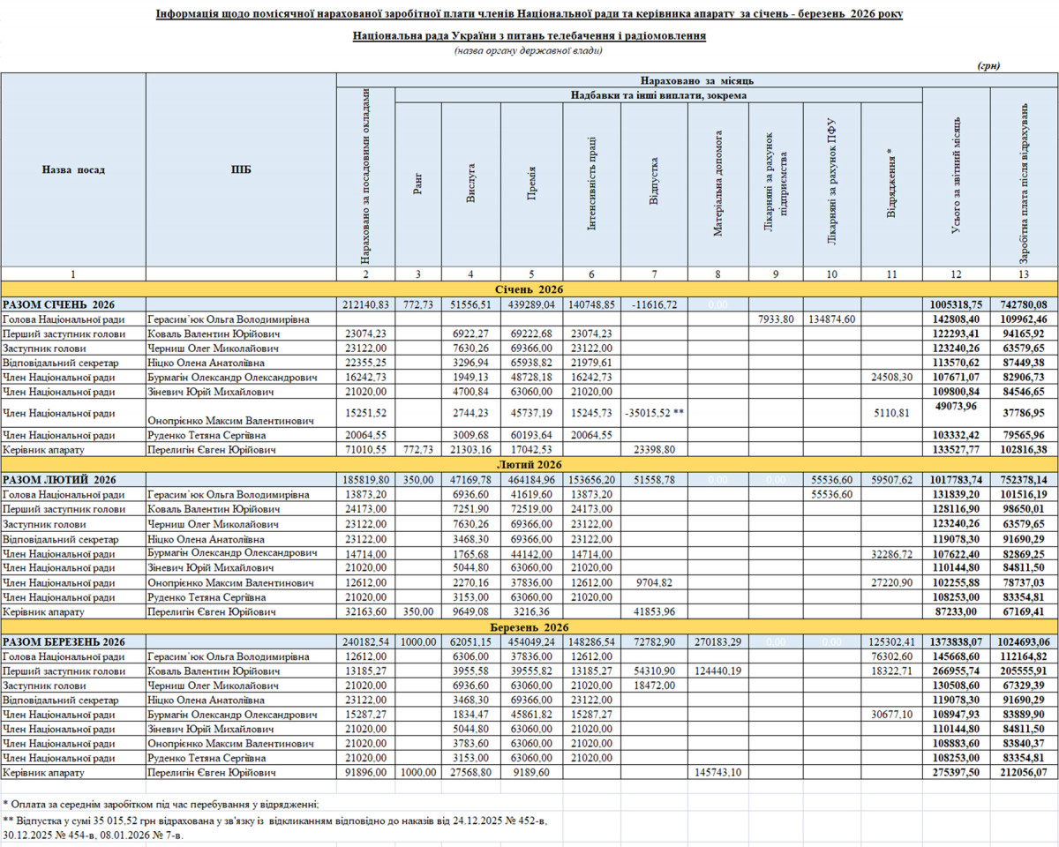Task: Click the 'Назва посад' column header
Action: click(73, 169)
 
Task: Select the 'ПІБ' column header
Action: click(240, 169)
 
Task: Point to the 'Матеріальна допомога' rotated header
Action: click(718, 184)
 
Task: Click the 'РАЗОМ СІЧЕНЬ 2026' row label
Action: click(59, 304)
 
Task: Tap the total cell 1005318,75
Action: click(957, 304)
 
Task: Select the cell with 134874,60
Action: click(831, 319)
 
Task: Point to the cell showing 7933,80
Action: click(776, 319)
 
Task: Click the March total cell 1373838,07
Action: click(957, 641)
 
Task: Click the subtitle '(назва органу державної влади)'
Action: click(529, 51)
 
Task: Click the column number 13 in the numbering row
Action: click(1024, 274)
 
